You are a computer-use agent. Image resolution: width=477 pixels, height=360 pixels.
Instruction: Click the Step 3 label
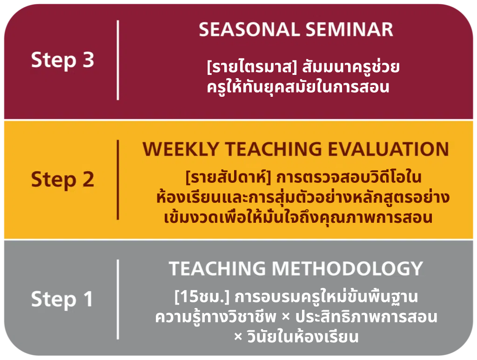pyautogui.click(x=63, y=60)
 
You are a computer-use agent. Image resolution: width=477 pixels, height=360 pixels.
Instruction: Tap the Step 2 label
pyautogui.click(x=63, y=180)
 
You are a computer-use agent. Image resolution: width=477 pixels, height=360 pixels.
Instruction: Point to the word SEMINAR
pyautogui.click(x=349, y=29)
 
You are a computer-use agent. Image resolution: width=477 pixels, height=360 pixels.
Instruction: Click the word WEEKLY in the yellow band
pyautogui.click(x=181, y=149)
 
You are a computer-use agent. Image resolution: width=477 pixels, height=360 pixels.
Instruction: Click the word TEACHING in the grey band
pyautogui.click(x=217, y=268)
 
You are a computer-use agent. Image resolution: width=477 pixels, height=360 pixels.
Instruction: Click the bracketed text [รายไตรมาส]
pyautogui.click(x=252, y=67)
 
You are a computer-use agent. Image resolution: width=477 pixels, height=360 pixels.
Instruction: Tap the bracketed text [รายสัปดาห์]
pyautogui.click(x=228, y=177)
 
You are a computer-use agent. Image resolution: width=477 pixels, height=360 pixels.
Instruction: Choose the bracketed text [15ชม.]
pyautogui.click(x=202, y=297)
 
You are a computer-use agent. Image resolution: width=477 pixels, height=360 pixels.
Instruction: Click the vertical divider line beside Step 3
pyautogui.click(x=118, y=60)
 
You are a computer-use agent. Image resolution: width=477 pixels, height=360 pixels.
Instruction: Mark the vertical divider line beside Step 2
pyautogui.click(x=118, y=180)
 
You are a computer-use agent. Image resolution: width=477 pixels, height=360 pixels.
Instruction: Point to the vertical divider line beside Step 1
pyautogui.click(x=118, y=300)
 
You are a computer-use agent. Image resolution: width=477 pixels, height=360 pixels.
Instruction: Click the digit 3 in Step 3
pyautogui.click(x=88, y=60)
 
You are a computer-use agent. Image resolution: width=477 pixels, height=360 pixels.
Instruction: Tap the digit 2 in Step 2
pyautogui.click(x=88, y=179)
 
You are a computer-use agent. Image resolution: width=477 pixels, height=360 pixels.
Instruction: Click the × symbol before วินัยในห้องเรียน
pyautogui.click(x=238, y=337)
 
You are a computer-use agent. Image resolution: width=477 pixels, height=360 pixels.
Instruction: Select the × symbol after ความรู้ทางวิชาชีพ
pyautogui.click(x=286, y=317)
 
